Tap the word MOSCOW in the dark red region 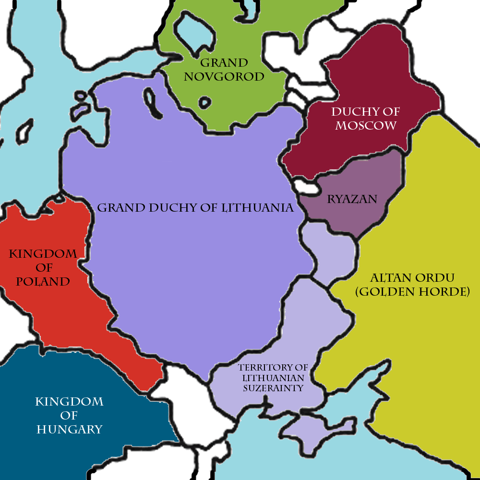[366, 126]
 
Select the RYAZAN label [352, 199]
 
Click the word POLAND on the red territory [43, 281]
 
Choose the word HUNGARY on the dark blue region [70, 429]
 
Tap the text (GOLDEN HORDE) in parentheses [412, 291]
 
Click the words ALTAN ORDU [412, 278]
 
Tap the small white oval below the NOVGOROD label [205, 102]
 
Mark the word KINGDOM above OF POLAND [43, 253]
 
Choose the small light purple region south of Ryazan [331, 254]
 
